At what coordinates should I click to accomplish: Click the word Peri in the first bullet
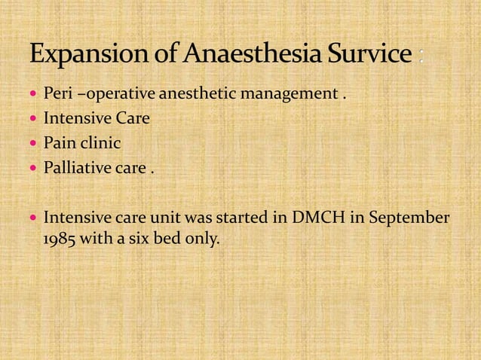(x=57, y=95)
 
